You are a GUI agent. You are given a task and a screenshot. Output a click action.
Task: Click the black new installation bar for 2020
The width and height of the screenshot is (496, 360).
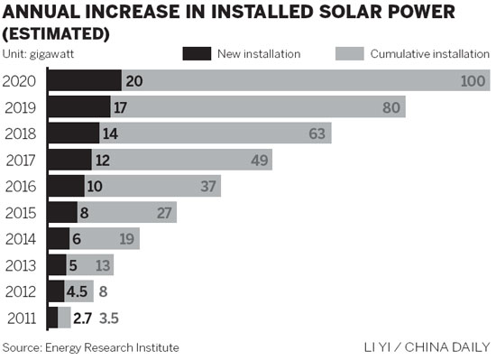84,80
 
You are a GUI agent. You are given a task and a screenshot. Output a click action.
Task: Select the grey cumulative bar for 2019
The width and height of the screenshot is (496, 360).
271,106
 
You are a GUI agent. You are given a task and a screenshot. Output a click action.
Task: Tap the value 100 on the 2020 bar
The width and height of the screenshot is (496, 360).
474,81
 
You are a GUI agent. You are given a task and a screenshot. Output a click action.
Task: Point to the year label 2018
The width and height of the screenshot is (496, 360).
22,134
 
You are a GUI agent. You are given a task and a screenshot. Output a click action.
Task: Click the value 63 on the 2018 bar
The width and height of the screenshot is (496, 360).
317,134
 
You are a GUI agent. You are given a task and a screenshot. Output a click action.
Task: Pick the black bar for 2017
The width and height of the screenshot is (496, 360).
69,160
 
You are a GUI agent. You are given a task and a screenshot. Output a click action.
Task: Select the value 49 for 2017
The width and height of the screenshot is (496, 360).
258,161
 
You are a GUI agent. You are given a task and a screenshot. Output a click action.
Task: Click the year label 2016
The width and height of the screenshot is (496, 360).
22,186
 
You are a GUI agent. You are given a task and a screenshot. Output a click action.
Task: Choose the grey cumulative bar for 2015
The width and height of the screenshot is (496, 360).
135,212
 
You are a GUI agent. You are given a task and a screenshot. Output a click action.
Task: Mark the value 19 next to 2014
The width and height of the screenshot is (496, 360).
128,239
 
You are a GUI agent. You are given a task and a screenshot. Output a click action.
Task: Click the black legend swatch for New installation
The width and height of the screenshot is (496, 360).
196,54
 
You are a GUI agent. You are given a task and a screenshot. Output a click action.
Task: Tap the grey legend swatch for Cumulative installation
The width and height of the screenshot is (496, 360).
348,54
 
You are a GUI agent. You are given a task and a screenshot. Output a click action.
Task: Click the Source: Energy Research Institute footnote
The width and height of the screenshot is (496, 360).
90,347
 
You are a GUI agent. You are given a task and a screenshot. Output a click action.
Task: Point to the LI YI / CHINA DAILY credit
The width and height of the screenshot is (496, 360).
427,347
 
